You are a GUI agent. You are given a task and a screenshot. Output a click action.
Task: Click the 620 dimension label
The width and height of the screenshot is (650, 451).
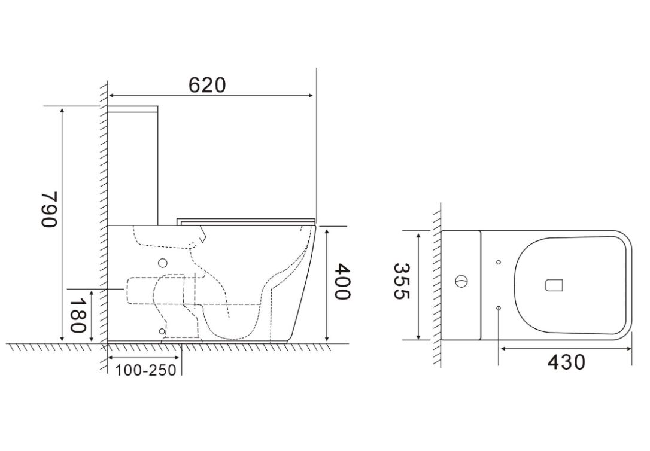point(207,85)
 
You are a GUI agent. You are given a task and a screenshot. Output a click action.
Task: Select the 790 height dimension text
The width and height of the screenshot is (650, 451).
point(49,209)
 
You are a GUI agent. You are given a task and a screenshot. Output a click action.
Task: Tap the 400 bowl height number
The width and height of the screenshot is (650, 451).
point(342,281)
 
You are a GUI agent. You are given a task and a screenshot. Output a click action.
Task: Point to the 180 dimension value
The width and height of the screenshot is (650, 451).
point(78,315)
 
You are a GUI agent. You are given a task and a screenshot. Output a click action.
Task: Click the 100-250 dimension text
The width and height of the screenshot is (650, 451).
point(145,370)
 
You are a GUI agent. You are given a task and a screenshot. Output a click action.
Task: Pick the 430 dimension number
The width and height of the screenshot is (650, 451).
point(566,362)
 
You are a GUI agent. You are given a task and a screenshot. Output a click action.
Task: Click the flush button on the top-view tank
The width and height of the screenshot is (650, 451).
point(461,282)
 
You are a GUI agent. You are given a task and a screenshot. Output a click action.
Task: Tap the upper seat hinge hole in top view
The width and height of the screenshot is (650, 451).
point(499,262)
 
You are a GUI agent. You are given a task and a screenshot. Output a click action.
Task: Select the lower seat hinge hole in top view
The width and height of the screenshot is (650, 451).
point(499,309)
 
